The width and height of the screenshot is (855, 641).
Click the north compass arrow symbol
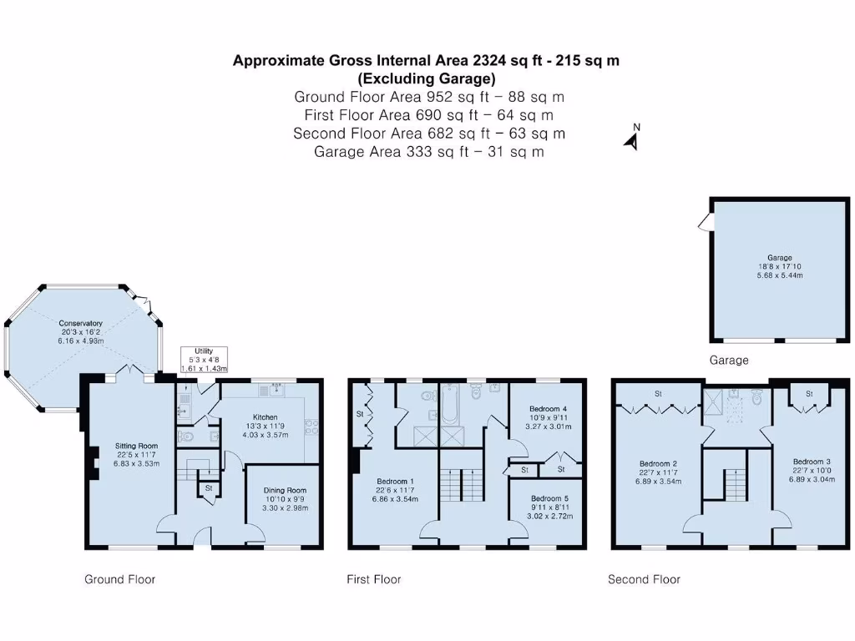click(632, 139)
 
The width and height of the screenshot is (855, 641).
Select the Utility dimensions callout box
click(204, 361)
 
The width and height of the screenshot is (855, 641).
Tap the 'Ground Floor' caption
click(119, 579)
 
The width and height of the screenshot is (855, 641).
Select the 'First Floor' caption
click(374, 579)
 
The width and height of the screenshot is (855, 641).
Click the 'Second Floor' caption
click(644, 579)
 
